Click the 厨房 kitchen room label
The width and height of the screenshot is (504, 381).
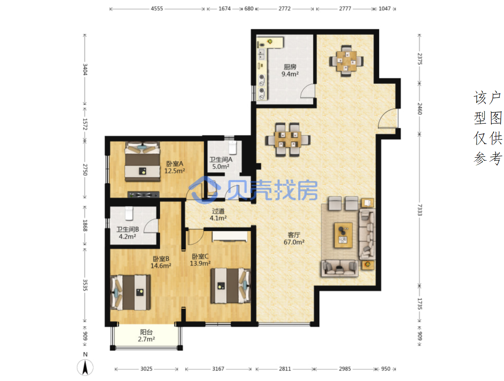(x=290, y=67)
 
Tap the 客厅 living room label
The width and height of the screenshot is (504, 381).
(x=294, y=235)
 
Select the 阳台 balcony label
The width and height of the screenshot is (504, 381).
(x=146, y=332)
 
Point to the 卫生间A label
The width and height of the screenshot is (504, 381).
(x=221, y=159)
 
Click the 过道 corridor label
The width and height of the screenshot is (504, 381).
(x=218, y=211)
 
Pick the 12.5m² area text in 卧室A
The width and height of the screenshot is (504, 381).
(x=174, y=171)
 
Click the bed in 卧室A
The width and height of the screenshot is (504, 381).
(x=142, y=161)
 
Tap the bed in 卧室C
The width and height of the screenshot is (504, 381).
(x=230, y=285)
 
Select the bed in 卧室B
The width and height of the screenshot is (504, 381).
(x=130, y=292)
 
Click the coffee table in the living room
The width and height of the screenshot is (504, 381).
(x=343, y=235)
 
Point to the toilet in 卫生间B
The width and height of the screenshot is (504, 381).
(x=129, y=213)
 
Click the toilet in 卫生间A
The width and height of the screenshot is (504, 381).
(x=232, y=147)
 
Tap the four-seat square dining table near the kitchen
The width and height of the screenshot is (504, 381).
(x=346, y=61)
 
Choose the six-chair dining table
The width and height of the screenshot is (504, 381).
(x=288, y=139)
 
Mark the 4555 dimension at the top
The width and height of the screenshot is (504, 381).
(x=157, y=9)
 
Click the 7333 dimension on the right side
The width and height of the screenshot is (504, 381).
(x=419, y=210)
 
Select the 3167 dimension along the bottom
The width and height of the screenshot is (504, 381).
(x=218, y=369)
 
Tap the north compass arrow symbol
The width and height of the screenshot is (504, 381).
(x=85, y=367)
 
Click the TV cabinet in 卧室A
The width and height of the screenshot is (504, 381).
(x=143, y=195)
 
